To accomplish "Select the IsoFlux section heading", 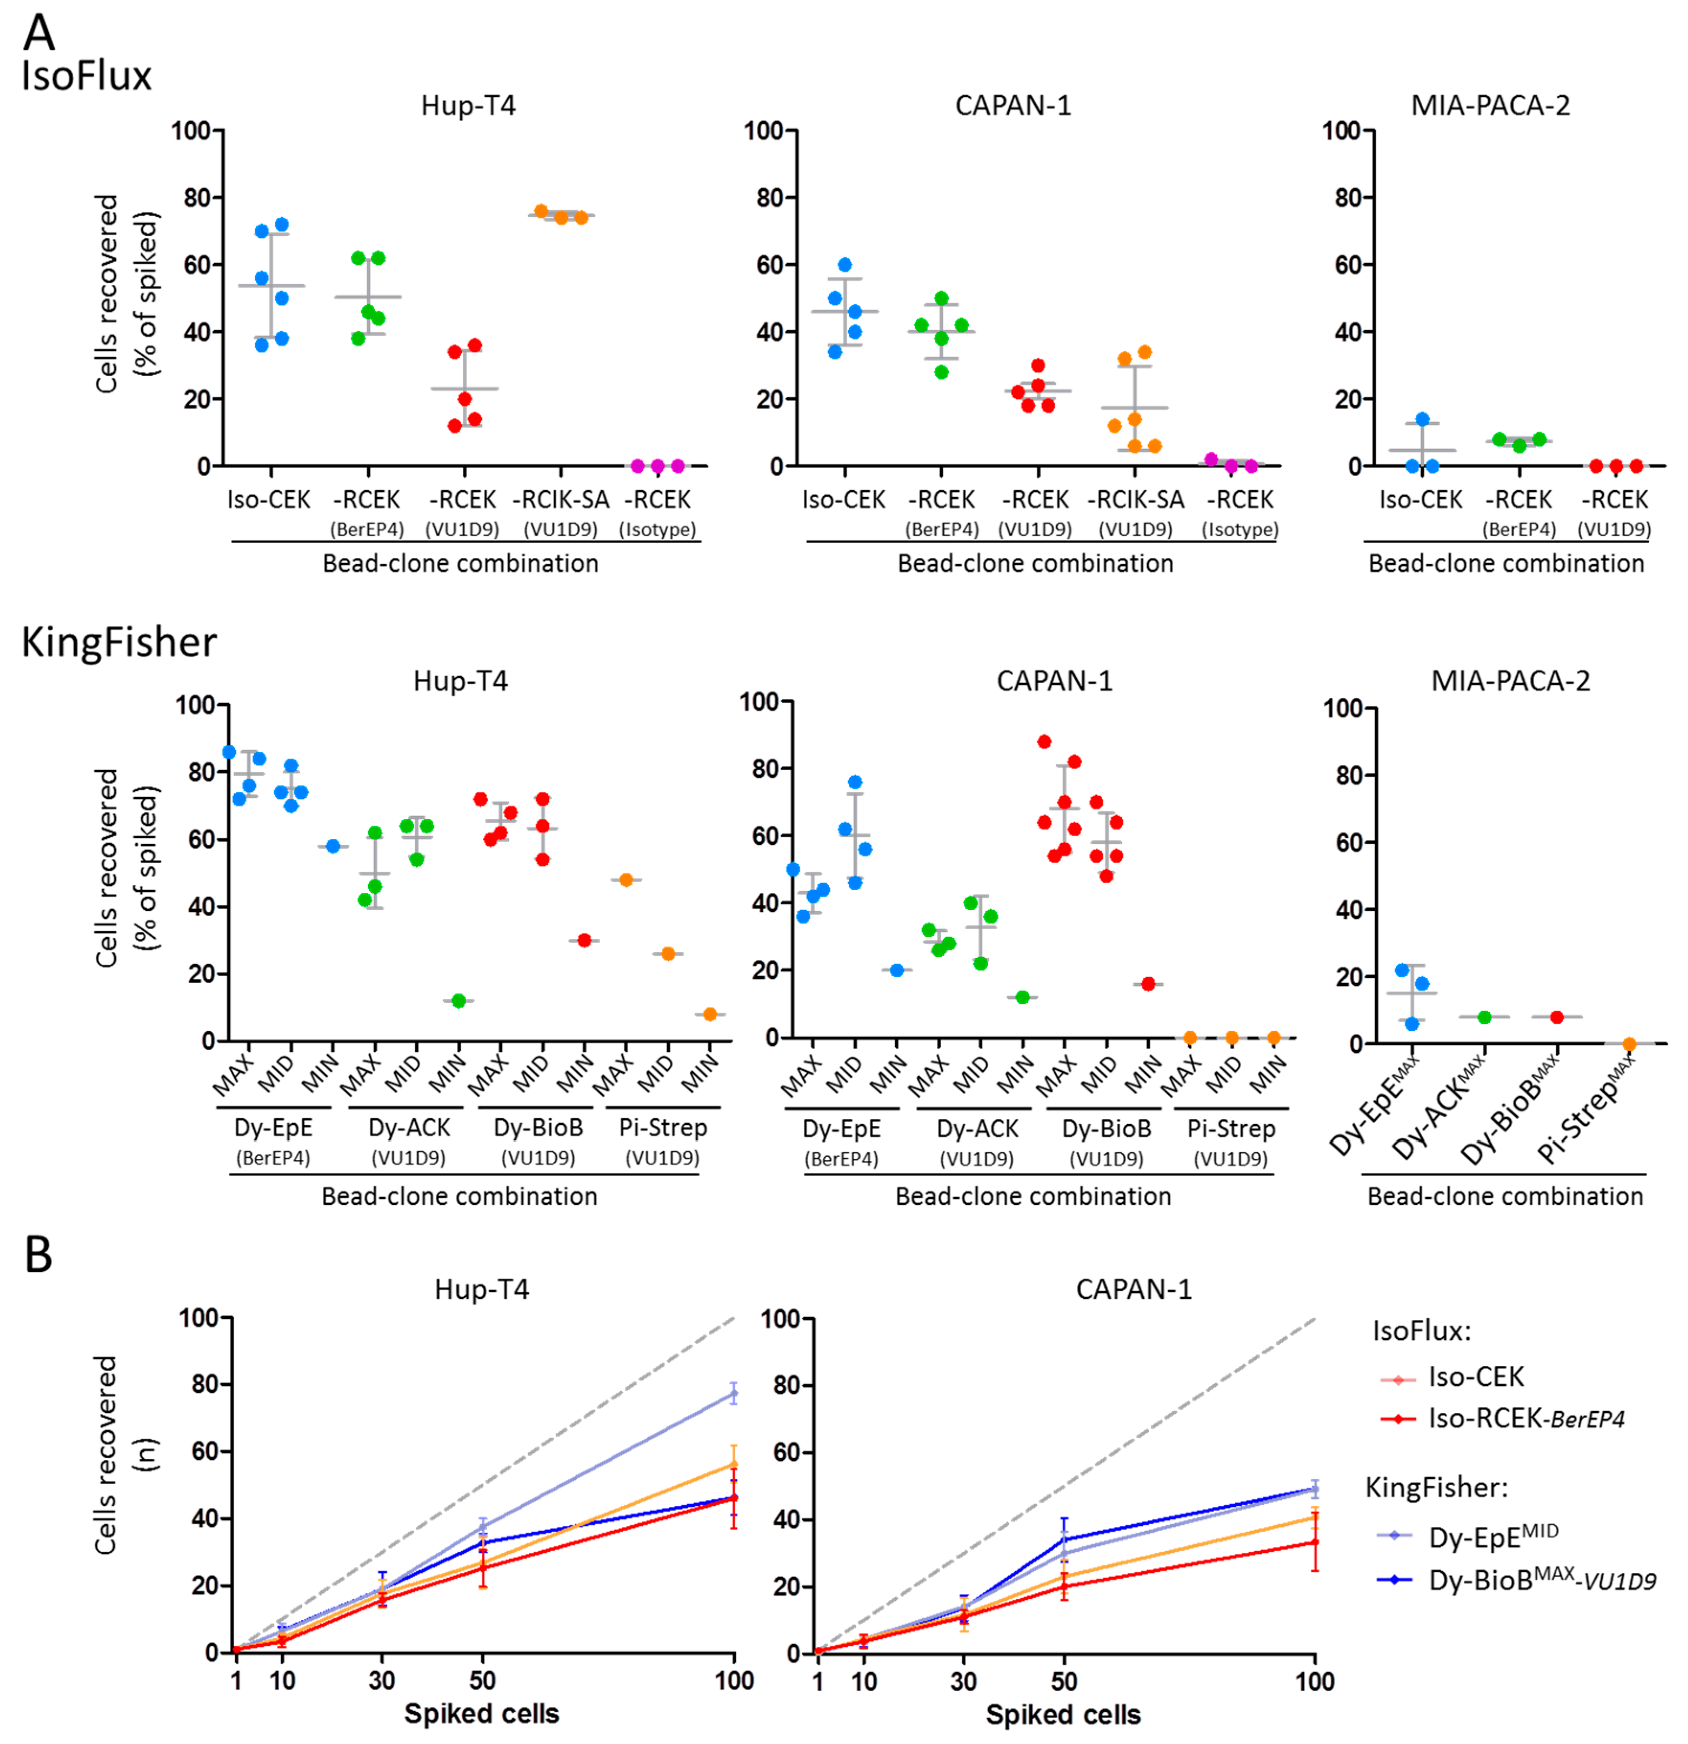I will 86,76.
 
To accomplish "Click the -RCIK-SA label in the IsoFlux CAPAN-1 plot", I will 1136,500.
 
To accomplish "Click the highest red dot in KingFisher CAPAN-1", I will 1044,741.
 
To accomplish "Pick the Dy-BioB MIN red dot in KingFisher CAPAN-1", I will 1148,984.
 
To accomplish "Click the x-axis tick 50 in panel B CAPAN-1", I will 1064,1681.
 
